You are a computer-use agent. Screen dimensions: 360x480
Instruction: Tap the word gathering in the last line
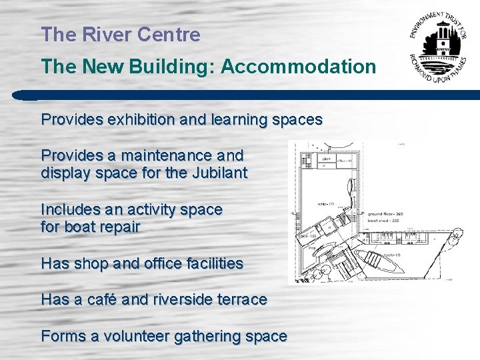pos(210,337)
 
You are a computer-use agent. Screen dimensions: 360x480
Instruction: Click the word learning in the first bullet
pos(245,120)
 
